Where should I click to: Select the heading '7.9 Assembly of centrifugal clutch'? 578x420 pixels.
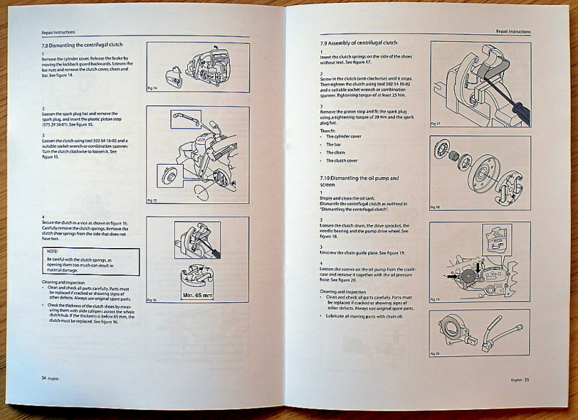click(359, 43)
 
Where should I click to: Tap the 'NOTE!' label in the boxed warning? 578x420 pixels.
click(53, 252)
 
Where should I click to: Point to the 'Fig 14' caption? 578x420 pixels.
click(152, 88)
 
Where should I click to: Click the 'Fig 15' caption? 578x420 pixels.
click(152, 200)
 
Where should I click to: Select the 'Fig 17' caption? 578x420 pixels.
click(435, 124)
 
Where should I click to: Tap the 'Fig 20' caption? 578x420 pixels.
click(435, 353)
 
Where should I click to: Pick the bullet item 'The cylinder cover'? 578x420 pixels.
click(344, 136)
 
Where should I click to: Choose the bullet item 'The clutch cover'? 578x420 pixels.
click(342, 160)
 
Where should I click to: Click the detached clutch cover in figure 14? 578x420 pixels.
click(173, 74)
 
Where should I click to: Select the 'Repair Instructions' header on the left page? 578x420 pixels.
click(58, 32)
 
